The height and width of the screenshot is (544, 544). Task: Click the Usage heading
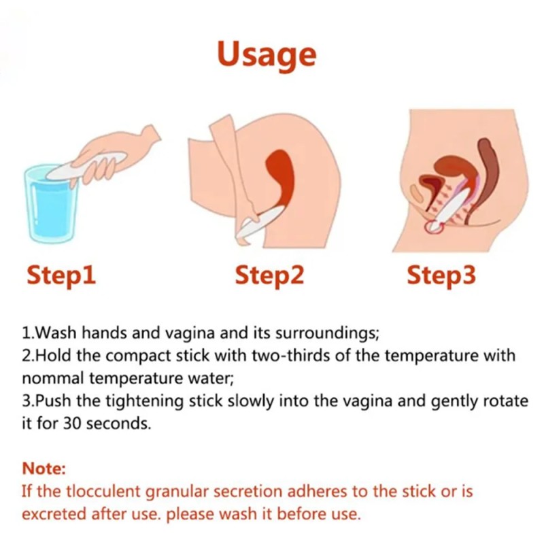[x=267, y=53]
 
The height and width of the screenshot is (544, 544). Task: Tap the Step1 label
[x=61, y=275]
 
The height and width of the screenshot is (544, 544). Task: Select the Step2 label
[x=269, y=275]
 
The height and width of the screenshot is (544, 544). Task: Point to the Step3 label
[x=441, y=275]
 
